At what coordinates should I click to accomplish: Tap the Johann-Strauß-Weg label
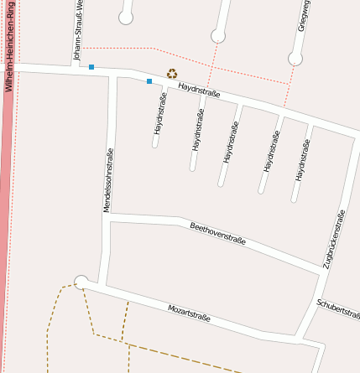click(x=77, y=33)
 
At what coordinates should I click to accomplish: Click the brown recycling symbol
click(x=172, y=74)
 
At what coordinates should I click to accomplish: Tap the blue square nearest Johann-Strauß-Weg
click(x=91, y=66)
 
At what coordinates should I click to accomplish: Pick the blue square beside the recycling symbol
click(x=149, y=81)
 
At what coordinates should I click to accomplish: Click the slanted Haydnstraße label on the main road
click(x=199, y=89)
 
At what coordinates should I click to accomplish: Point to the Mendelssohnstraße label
click(x=107, y=179)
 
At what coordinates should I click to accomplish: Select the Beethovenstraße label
click(x=217, y=233)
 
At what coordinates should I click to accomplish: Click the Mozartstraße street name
click(x=189, y=313)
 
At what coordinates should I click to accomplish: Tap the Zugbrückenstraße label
click(x=334, y=240)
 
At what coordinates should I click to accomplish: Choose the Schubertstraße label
click(x=337, y=308)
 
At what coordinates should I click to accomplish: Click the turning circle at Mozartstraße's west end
click(x=81, y=282)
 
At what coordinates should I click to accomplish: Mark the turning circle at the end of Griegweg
click(x=295, y=59)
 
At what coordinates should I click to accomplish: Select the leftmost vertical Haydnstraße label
click(x=159, y=114)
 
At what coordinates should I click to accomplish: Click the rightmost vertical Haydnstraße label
click(x=302, y=160)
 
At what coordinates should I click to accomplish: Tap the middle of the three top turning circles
click(x=218, y=35)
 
